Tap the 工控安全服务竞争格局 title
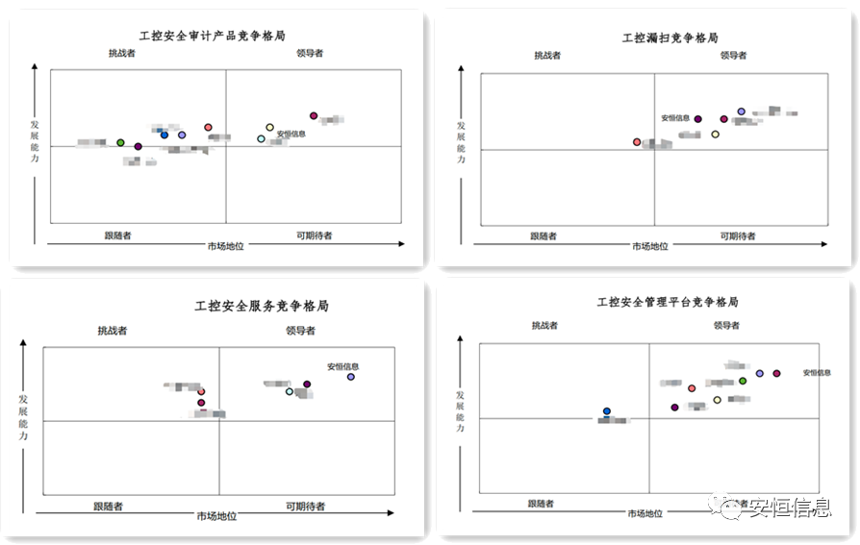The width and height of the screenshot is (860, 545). [x=262, y=306]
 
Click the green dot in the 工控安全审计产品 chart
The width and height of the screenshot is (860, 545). [x=120, y=142]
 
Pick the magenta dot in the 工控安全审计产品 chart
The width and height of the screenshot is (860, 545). [x=314, y=115]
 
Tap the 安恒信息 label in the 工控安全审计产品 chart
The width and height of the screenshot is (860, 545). [x=291, y=134]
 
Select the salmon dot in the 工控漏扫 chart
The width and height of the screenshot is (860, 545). [x=637, y=142]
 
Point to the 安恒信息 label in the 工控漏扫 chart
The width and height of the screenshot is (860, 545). [x=674, y=118]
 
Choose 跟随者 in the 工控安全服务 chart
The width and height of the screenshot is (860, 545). [x=108, y=506]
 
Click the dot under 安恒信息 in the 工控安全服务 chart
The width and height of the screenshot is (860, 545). [x=351, y=377]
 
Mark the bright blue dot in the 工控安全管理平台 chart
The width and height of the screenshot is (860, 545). [x=607, y=411]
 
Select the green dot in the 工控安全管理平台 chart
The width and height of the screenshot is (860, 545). [x=743, y=382]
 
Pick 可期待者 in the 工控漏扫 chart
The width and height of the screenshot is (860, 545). [x=738, y=235]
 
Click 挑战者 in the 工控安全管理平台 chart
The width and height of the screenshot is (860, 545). [x=545, y=325]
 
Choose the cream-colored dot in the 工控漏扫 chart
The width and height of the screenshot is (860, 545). [x=715, y=135]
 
